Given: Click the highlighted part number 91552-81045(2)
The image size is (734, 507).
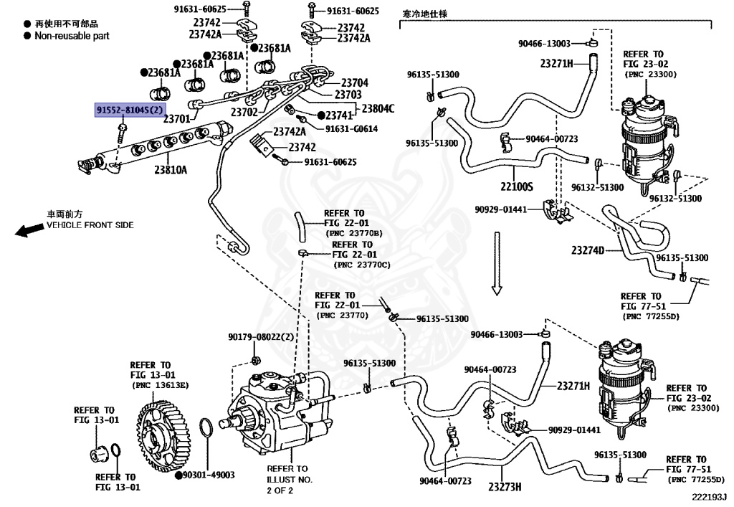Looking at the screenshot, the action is (130, 110).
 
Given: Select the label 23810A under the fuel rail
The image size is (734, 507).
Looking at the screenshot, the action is (171, 169).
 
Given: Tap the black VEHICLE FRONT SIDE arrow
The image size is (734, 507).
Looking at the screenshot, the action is (29, 230).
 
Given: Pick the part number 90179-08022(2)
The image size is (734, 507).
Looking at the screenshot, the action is (261, 337).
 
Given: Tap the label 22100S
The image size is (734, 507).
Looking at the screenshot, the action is (517, 186).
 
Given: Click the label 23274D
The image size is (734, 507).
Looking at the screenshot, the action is (588, 250).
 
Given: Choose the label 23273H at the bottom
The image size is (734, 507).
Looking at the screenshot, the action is (505, 487).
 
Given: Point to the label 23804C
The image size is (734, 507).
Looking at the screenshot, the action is (378, 108).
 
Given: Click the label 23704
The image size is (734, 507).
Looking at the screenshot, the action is (355, 83).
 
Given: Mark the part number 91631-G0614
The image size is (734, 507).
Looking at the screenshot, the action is (351, 129).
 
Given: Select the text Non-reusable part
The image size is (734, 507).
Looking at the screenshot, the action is (72, 36).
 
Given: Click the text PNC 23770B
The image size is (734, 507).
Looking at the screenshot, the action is (353, 233).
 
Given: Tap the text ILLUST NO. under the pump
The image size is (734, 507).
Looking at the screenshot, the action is (290, 479).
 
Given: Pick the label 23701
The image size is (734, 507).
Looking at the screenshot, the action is (176, 119).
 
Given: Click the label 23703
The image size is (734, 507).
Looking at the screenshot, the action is (348, 95).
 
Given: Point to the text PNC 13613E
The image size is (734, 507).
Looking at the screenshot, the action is (161, 385).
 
